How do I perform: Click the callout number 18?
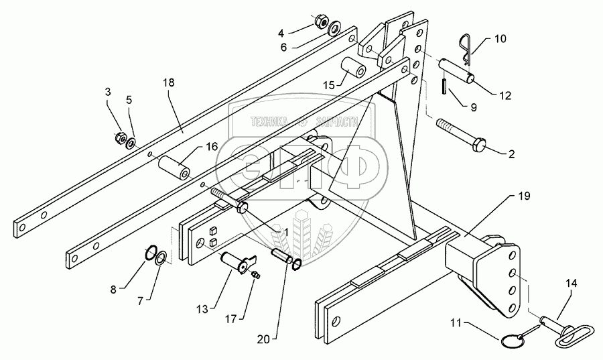point(168,82)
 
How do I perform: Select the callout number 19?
point(524,196)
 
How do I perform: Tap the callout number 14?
point(571,284)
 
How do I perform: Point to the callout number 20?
point(263,340)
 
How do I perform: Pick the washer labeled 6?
point(334,28)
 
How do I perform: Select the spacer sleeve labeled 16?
point(175,168)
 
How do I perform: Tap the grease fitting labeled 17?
point(257,274)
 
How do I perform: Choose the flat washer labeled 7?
point(161,257)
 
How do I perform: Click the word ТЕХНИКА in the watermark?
point(269,122)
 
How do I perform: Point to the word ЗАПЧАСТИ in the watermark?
point(337,122)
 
